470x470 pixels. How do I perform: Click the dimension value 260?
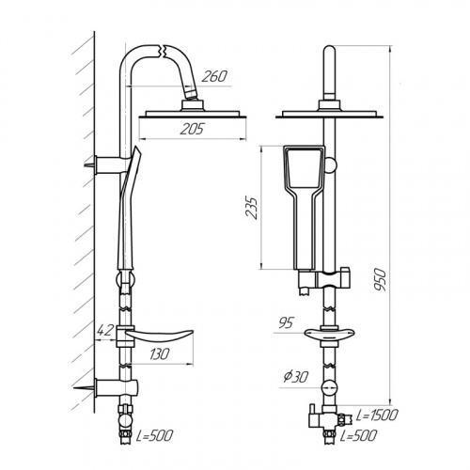(x=213, y=76)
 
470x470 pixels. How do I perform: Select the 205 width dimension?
(x=192, y=129)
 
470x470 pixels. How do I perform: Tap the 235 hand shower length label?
(x=251, y=208)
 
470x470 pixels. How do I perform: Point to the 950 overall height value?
(x=381, y=279)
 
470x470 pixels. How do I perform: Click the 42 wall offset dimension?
(x=105, y=331)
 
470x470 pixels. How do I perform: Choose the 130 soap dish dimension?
(x=160, y=353)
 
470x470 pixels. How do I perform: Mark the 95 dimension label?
(x=286, y=322)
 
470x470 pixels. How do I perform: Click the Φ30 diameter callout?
(x=296, y=376)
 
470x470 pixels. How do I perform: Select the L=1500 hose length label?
(x=377, y=415)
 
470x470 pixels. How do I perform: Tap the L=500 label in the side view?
(x=154, y=435)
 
